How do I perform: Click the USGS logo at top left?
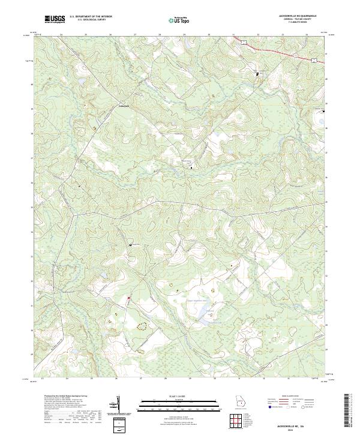56,19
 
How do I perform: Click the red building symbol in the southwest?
128,298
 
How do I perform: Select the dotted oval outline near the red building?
142,326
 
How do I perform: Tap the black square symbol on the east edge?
325,112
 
